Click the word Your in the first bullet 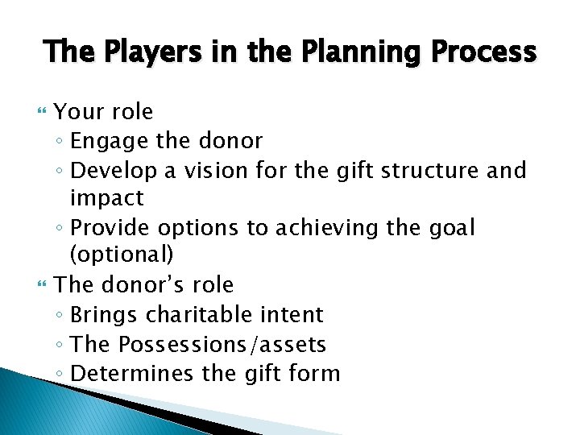click(77, 111)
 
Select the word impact click(106, 198)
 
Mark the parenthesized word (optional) click(122, 256)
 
